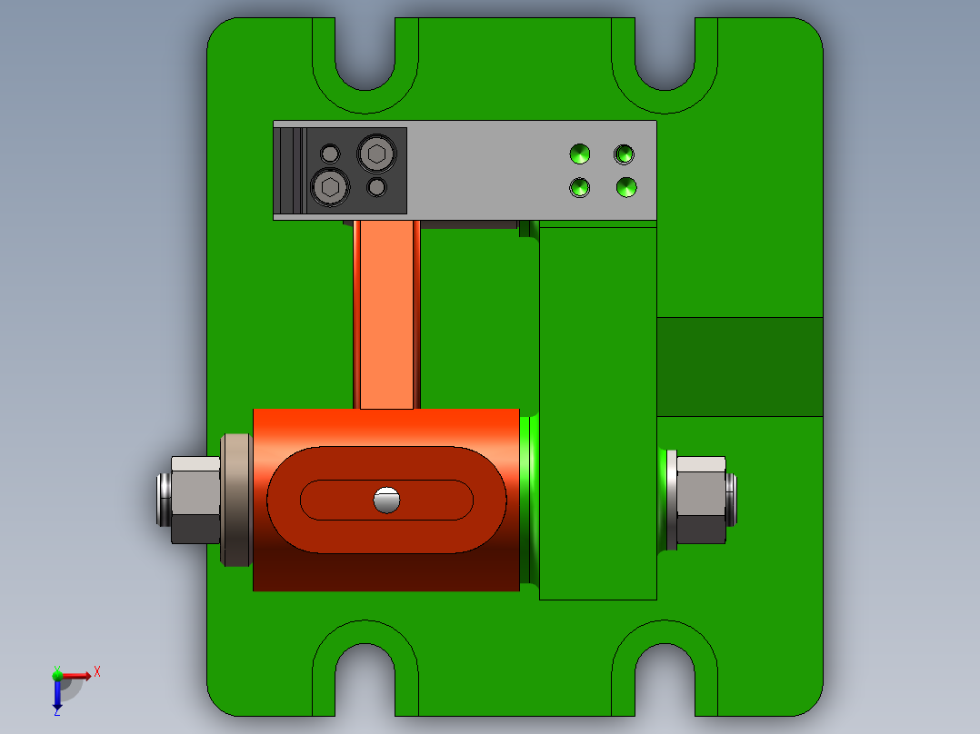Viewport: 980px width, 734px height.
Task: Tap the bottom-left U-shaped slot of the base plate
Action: (x=365, y=677)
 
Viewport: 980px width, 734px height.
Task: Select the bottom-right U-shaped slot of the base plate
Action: (x=665, y=677)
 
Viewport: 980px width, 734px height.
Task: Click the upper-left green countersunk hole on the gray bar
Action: (x=579, y=154)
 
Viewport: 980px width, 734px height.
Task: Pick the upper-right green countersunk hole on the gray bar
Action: (x=624, y=154)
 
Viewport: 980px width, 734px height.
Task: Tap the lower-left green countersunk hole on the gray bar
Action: (x=579, y=188)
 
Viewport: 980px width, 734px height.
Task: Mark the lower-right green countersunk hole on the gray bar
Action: (x=625, y=187)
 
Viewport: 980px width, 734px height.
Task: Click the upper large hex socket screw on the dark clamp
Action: (x=376, y=154)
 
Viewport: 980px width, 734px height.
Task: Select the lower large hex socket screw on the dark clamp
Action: (x=330, y=187)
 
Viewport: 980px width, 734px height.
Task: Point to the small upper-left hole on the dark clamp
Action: (x=330, y=153)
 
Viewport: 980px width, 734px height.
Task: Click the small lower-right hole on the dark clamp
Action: (x=376, y=187)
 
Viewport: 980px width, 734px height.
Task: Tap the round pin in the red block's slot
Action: (x=386, y=500)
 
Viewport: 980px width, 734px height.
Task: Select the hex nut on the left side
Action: (x=195, y=500)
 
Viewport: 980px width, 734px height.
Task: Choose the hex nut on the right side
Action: (x=701, y=500)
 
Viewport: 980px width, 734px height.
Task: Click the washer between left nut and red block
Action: (x=236, y=500)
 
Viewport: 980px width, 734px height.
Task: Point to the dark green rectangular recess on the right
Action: (x=739, y=366)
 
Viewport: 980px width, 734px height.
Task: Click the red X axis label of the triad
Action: (x=97, y=671)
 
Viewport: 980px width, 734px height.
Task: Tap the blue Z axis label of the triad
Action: (x=56, y=710)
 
